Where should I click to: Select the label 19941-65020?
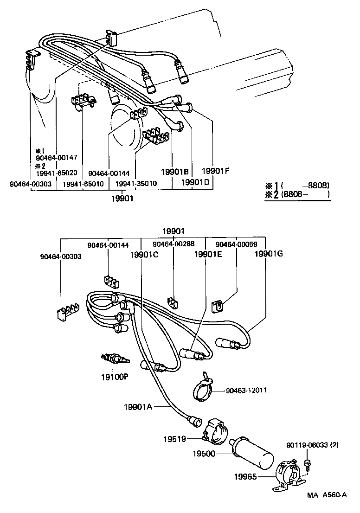tap(56, 173)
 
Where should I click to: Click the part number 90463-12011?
tap(247, 391)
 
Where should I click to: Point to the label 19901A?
tap(139, 406)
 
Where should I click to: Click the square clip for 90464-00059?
tap(217, 306)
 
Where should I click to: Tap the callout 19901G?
tap(268, 254)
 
